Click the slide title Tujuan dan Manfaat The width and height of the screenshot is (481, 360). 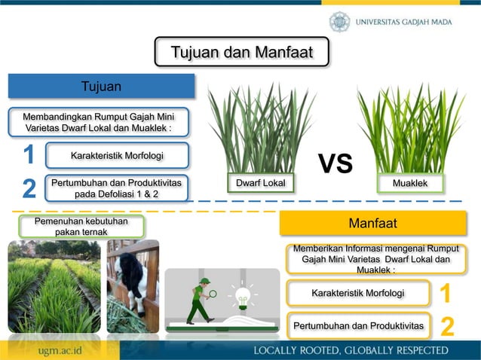[x=241, y=53]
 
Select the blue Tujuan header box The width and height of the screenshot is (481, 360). [x=102, y=86]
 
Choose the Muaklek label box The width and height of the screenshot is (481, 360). [x=411, y=183]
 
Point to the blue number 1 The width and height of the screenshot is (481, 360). [x=29, y=155]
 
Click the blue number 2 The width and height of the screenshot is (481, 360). [x=29, y=188]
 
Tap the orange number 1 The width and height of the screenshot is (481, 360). [x=446, y=293]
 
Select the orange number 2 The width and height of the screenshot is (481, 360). [x=447, y=327]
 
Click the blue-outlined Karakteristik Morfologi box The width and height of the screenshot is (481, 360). [x=117, y=156]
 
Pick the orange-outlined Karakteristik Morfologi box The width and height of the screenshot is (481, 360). [x=357, y=293]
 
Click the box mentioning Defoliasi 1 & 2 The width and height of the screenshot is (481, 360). [x=116, y=188]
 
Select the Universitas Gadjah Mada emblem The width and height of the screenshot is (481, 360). [x=339, y=22]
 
